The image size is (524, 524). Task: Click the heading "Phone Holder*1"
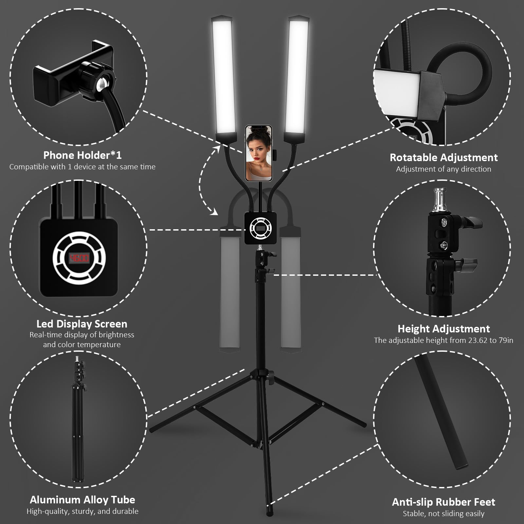82,155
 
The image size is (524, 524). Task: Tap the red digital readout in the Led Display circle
79,258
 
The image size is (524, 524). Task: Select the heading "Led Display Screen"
82,324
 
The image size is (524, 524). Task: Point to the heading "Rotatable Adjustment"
443,158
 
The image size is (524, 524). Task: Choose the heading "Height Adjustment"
443,328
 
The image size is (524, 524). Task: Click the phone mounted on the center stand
259,153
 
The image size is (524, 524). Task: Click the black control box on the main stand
260,228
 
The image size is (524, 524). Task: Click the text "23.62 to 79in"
490,340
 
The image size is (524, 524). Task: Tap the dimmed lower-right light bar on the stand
291,291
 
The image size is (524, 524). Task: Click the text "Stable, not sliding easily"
443,514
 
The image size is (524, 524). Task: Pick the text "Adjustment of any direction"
443,169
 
